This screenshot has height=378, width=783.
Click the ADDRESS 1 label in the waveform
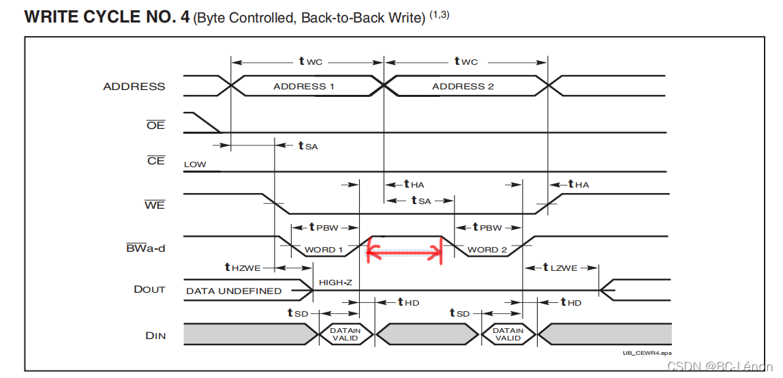pyautogui.click(x=303, y=86)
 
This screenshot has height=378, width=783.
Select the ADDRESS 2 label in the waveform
pyautogui.click(x=463, y=86)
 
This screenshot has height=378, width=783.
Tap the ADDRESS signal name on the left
pyautogui.click(x=134, y=86)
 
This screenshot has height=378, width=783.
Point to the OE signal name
pyautogui.click(x=156, y=126)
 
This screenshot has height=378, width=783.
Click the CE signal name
pyautogui.click(x=156, y=161)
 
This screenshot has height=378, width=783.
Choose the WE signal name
pyautogui.click(x=155, y=205)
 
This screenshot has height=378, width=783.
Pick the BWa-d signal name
pyautogui.click(x=145, y=248)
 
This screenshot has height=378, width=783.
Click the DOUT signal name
pyautogui.click(x=149, y=289)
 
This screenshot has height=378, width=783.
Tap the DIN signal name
pyautogui.click(x=155, y=335)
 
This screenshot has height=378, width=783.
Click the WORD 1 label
pyautogui.click(x=324, y=250)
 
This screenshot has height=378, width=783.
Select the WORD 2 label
pyautogui.click(x=487, y=250)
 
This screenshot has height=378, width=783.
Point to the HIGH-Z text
pyautogui.click(x=335, y=282)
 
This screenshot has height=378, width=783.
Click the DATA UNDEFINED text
pyautogui.click(x=234, y=291)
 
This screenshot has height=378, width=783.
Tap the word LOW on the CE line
pyautogui.click(x=195, y=164)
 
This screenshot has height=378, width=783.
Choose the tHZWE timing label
pyautogui.click(x=241, y=267)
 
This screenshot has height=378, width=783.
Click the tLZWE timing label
pyautogui.click(x=564, y=267)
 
